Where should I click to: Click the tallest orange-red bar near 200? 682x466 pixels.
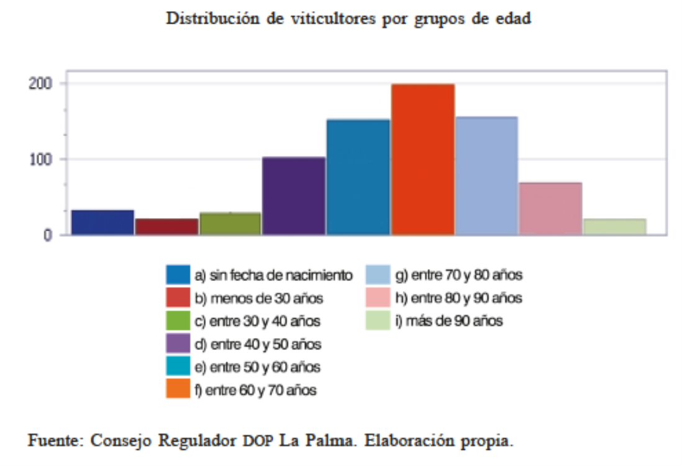pyautogui.click(x=423, y=160)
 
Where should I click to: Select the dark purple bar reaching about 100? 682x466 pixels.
pyautogui.click(x=294, y=196)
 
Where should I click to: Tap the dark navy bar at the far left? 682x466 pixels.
pyautogui.click(x=102, y=223)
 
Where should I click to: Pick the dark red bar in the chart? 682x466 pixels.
pyautogui.click(x=166, y=227)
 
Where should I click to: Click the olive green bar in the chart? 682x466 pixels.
pyautogui.click(x=230, y=224)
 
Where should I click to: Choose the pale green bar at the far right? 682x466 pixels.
pyautogui.click(x=614, y=227)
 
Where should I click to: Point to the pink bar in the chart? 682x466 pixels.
pyautogui.click(x=551, y=209)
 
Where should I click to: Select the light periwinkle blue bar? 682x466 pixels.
pyautogui.click(x=487, y=176)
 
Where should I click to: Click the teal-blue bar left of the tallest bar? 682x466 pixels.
pyautogui.click(x=358, y=178)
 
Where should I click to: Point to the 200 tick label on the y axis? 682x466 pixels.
pyautogui.click(x=40, y=83)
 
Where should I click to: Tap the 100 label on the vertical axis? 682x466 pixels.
pyautogui.click(x=41, y=159)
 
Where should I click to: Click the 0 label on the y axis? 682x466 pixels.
pyautogui.click(x=47, y=235)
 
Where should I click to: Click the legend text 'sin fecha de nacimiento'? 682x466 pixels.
pyautogui.click(x=281, y=275)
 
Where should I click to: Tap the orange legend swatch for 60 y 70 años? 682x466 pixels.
pyautogui.click(x=178, y=388)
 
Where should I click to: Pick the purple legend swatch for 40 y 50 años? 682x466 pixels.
pyautogui.click(x=178, y=343)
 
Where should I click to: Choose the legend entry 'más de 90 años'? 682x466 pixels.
pyautogui.click(x=448, y=321)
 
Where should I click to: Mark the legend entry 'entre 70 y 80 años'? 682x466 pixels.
pyautogui.click(x=459, y=275)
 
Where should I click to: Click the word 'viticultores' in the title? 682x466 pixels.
pyautogui.click(x=333, y=19)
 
